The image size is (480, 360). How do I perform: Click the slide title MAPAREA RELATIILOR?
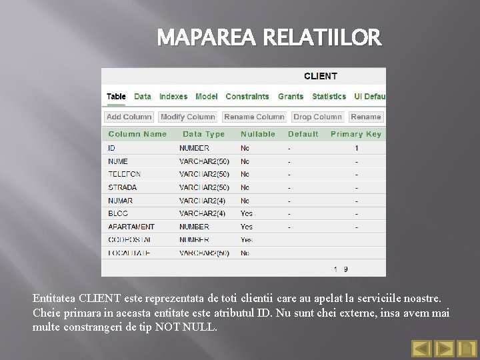pyautogui.click(x=269, y=39)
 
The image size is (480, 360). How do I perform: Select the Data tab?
pyautogui.click(x=143, y=97)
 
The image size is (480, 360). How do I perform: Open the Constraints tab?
pyautogui.click(x=247, y=97)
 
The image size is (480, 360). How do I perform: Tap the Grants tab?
pyautogui.click(x=291, y=97)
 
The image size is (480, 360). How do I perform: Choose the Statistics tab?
pyautogui.click(x=329, y=97)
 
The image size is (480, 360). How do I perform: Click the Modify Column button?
pyautogui.click(x=188, y=117)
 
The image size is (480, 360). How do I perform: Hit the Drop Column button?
pyautogui.click(x=317, y=117)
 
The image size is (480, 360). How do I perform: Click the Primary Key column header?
pyautogui.click(x=356, y=134)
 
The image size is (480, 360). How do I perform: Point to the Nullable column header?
pyautogui.click(x=258, y=134)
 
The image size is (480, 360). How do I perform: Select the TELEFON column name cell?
pyautogui.click(x=125, y=174)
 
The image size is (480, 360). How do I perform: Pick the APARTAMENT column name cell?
pyautogui.click(x=131, y=227)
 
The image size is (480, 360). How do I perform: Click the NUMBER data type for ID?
pyautogui.click(x=194, y=148)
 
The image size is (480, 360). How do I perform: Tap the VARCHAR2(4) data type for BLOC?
pyautogui.click(x=203, y=214)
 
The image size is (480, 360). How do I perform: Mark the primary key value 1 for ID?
pyautogui.click(x=357, y=148)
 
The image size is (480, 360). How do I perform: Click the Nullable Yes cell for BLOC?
pyautogui.click(x=247, y=214)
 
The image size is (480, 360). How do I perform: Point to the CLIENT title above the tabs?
pyautogui.click(x=321, y=76)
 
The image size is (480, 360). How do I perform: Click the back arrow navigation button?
pyautogui.click(x=421, y=348)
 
